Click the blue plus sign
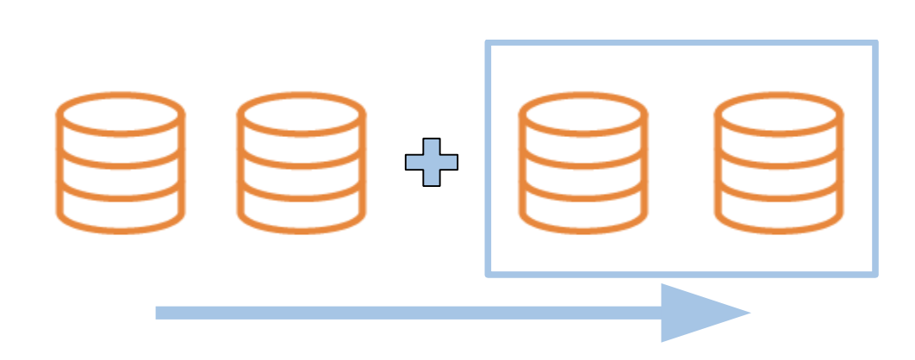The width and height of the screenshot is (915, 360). tap(432, 162)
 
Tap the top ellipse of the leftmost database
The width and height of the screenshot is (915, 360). tap(121, 112)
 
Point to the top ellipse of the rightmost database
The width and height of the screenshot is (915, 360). tap(780, 112)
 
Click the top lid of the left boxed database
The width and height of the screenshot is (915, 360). tap(582, 112)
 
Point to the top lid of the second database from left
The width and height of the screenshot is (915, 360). tap(302, 112)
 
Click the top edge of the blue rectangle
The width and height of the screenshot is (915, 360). tap(681, 42)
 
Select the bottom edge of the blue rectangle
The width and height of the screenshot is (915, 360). tap(681, 274)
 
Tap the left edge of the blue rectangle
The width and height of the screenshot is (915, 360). tap(489, 159)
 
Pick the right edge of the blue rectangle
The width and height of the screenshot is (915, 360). tap(875, 159)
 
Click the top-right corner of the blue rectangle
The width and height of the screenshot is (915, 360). tap(875, 42)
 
